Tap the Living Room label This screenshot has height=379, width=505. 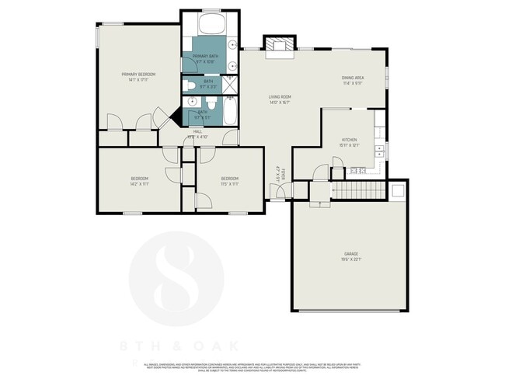280,96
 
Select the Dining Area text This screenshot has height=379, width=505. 353,78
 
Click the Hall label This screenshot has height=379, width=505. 197,131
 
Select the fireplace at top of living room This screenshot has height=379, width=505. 278,47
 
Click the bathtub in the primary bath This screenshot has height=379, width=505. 211,23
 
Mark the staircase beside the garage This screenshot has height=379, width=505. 358,190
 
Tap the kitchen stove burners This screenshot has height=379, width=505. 357,169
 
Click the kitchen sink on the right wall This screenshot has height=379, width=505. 379,149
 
